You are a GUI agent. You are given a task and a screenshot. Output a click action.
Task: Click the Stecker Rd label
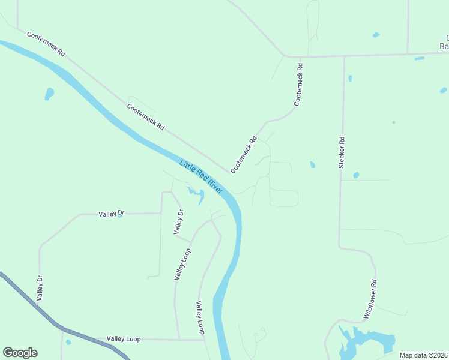[x=341, y=152]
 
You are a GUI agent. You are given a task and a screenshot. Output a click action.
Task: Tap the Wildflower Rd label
[x=369, y=299]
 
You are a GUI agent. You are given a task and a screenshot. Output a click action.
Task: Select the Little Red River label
[x=201, y=176]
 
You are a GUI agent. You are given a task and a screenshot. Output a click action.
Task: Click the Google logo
[x=20, y=353]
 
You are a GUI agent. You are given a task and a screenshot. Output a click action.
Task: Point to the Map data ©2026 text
[x=424, y=355]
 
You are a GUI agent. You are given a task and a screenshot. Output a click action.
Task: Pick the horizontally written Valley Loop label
[x=124, y=339]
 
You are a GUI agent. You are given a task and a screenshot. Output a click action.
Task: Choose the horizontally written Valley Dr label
[x=111, y=213]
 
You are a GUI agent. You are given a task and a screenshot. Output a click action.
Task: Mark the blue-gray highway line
[x=60, y=326]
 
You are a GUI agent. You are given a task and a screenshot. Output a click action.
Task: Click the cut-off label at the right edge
[x=444, y=42]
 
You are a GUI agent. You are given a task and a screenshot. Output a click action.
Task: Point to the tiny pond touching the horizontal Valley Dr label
[x=120, y=216]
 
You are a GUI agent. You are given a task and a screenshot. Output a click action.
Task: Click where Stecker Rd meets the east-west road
[x=344, y=56]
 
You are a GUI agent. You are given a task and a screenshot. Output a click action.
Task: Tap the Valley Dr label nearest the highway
[x=40, y=288]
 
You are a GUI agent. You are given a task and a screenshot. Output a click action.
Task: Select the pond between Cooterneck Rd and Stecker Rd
[x=312, y=164]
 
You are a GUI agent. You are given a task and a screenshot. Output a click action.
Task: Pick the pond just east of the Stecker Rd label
[x=356, y=175]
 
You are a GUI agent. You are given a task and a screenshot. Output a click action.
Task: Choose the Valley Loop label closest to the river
[x=200, y=317]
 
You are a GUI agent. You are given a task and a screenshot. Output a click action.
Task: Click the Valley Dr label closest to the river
[x=178, y=221]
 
